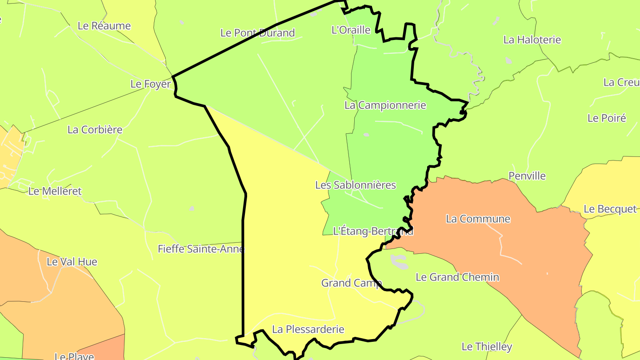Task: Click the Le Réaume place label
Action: (x=104, y=26)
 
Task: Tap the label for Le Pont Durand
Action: (x=257, y=32)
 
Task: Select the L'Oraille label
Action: (x=351, y=30)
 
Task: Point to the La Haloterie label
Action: (x=532, y=40)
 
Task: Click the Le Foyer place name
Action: (x=150, y=84)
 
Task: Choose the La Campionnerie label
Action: (x=385, y=105)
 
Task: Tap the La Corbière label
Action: (x=95, y=130)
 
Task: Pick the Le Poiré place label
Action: (x=607, y=118)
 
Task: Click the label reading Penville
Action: (x=527, y=176)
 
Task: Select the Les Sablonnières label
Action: (x=355, y=185)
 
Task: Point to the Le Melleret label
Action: (x=55, y=191)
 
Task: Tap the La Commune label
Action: (x=478, y=219)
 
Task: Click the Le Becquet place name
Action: (x=610, y=209)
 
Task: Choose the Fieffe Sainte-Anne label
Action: (x=201, y=249)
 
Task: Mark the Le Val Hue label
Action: (x=72, y=262)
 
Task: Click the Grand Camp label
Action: (x=351, y=283)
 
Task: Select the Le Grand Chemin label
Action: (x=457, y=277)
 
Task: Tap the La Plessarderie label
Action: (x=308, y=329)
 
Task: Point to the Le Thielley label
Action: (x=487, y=346)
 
